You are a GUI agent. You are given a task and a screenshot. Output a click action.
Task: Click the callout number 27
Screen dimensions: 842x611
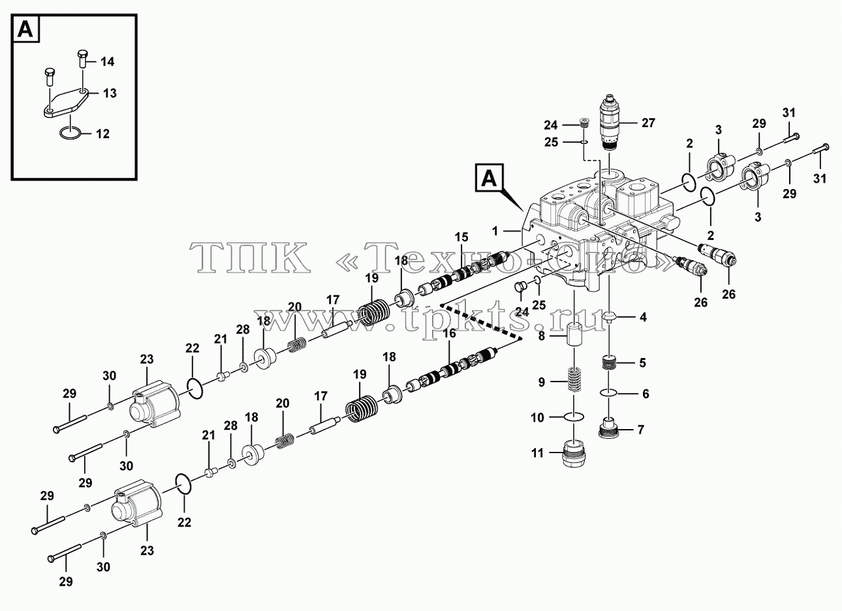coord(648,123)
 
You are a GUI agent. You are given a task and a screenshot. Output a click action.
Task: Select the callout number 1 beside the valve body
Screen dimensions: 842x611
coord(495,231)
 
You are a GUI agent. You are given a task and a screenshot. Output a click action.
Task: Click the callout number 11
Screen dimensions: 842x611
coord(538,453)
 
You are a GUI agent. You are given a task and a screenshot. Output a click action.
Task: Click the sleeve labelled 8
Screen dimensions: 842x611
coord(575,336)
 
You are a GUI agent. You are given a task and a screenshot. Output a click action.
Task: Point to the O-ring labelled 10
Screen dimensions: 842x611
coord(574,416)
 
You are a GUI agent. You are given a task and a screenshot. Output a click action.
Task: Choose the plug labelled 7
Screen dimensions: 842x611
coord(608,428)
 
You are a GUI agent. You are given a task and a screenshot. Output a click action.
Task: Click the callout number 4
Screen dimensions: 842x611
coord(643,318)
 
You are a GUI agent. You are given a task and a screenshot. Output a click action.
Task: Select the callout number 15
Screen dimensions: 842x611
coord(461,237)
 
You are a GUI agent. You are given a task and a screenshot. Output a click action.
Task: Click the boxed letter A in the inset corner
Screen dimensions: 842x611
coord(26,29)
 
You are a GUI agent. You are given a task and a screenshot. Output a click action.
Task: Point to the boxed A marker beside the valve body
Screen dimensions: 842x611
coord(489,177)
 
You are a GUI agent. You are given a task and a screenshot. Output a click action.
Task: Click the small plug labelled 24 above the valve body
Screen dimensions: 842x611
coord(583,123)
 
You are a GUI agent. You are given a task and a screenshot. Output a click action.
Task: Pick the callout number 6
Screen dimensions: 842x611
coord(646,394)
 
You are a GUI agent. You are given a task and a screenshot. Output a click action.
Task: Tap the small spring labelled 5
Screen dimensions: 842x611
coord(608,363)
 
